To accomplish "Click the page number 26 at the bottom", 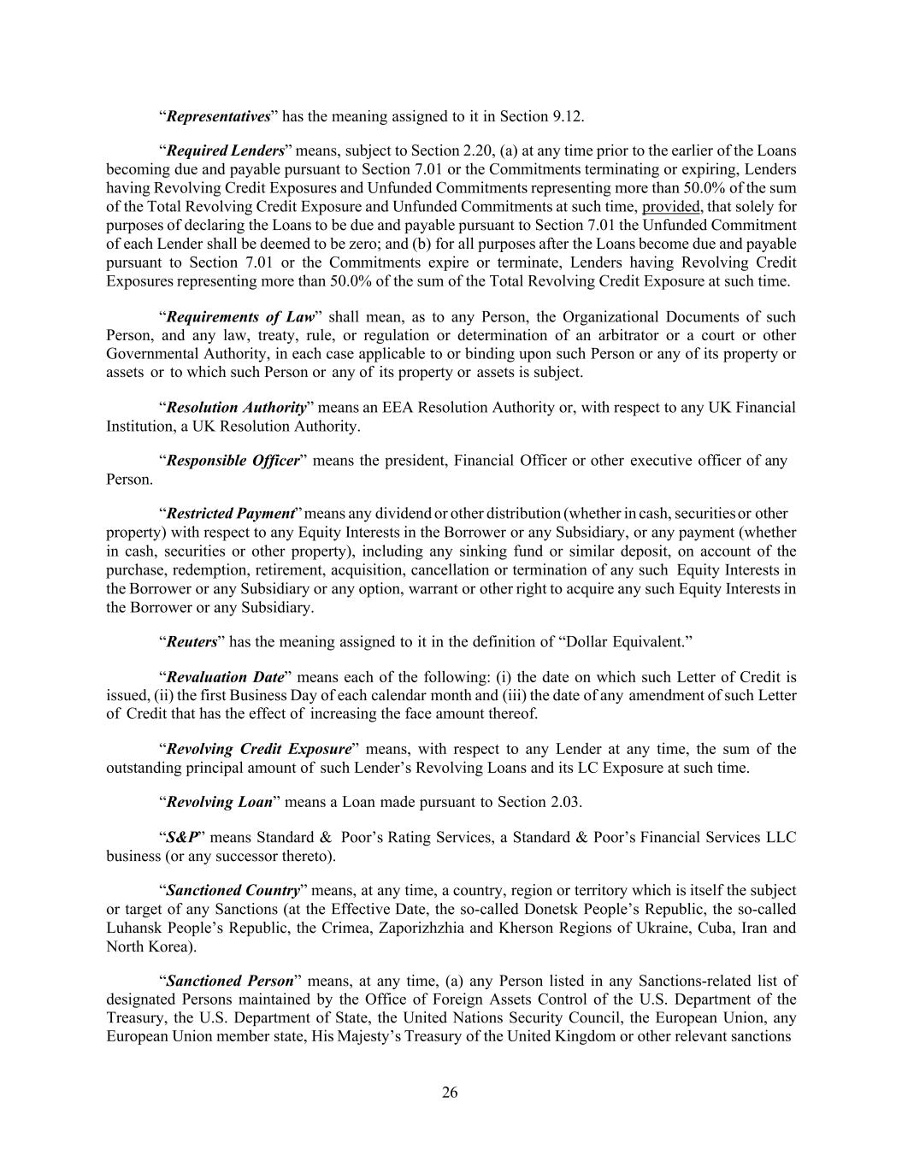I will click(x=450, y=1092).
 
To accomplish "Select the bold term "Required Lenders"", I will click(x=225, y=151).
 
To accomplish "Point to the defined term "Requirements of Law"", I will click(x=240, y=317).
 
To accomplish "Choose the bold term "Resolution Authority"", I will click(x=236, y=408).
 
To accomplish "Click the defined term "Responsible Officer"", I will click(x=233, y=461).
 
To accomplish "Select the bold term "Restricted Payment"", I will click(x=230, y=514).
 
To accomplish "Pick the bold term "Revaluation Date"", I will click(x=225, y=677).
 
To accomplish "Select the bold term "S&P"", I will click(x=181, y=837).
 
